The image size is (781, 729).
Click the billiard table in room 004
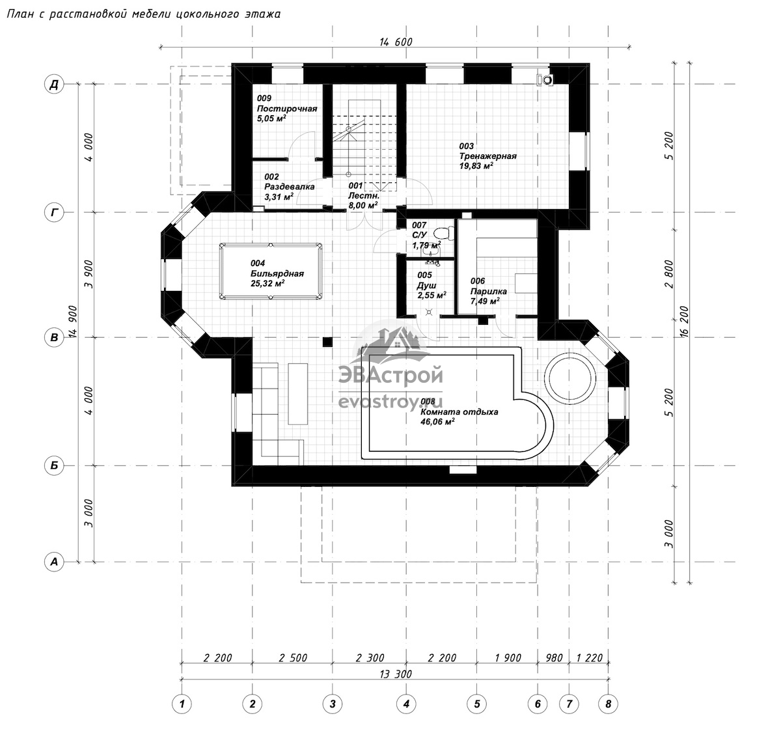271,271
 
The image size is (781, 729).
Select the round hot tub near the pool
570,379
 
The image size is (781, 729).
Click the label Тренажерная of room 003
487,156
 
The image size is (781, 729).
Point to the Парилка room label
488,291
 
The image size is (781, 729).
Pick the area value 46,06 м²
438,422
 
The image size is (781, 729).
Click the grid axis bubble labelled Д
54,84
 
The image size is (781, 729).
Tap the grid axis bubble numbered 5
477,704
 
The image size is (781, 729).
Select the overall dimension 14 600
396,42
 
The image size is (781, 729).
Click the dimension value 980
554,658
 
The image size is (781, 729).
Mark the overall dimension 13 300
396,674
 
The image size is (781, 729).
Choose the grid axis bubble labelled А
54,562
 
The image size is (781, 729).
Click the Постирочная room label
286,109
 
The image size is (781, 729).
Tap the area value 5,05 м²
271,118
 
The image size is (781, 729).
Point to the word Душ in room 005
427,285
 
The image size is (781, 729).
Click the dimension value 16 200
684,321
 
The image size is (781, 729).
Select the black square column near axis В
327,342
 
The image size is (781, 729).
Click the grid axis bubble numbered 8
609,704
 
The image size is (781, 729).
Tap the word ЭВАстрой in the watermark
390,375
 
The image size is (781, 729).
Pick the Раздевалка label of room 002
289,186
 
